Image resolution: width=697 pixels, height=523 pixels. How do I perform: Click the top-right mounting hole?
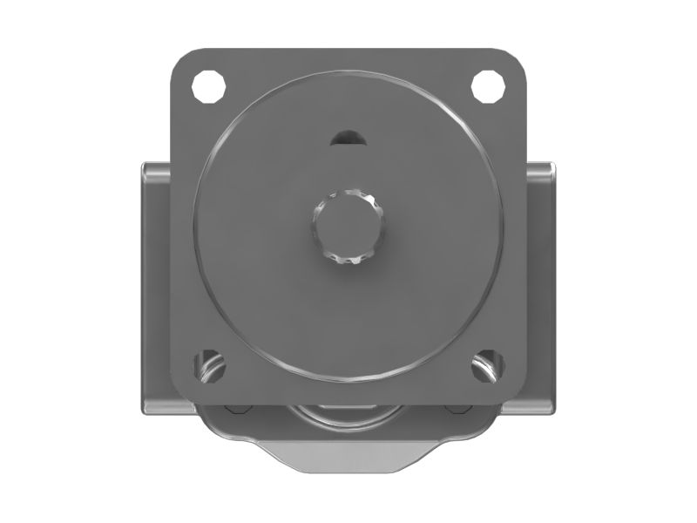488,85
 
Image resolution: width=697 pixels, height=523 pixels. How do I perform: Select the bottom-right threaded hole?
488,365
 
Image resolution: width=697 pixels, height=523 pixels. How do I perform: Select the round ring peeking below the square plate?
348,413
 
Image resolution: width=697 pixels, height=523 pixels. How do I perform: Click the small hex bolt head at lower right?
459,408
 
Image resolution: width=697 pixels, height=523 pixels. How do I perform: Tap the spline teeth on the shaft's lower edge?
348,259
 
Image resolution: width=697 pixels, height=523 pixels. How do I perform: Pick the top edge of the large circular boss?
348,73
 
